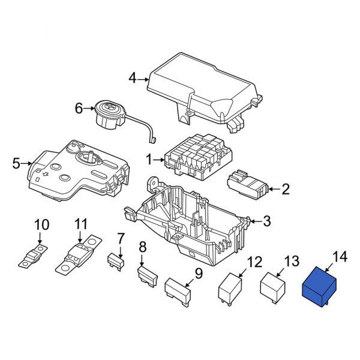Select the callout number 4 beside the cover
(x=133, y=77)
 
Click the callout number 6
(x=78, y=109)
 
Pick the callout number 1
(x=149, y=160)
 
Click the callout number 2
(x=286, y=190)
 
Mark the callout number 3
(x=267, y=221)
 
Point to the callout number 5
(x=16, y=163)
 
